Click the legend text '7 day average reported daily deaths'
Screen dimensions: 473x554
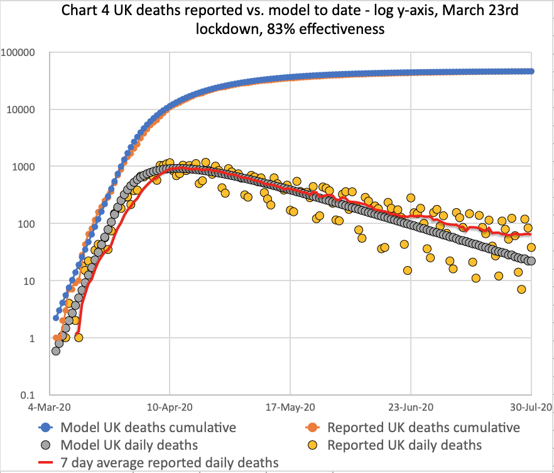169,463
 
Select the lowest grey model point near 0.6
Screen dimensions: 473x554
56,350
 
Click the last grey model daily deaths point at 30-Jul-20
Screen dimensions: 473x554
531,260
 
